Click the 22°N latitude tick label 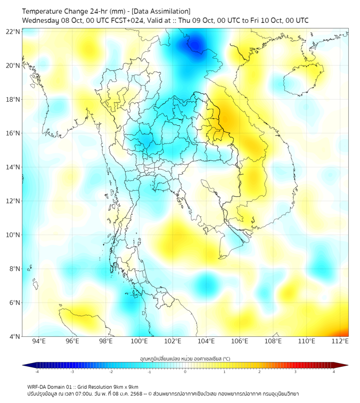[x=13, y=32]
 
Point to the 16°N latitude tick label [x=13, y=133]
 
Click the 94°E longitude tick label [x=39, y=341]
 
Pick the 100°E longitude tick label [x=140, y=341]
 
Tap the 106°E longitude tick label [x=240, y=341]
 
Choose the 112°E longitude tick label [x=340, y=341]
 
